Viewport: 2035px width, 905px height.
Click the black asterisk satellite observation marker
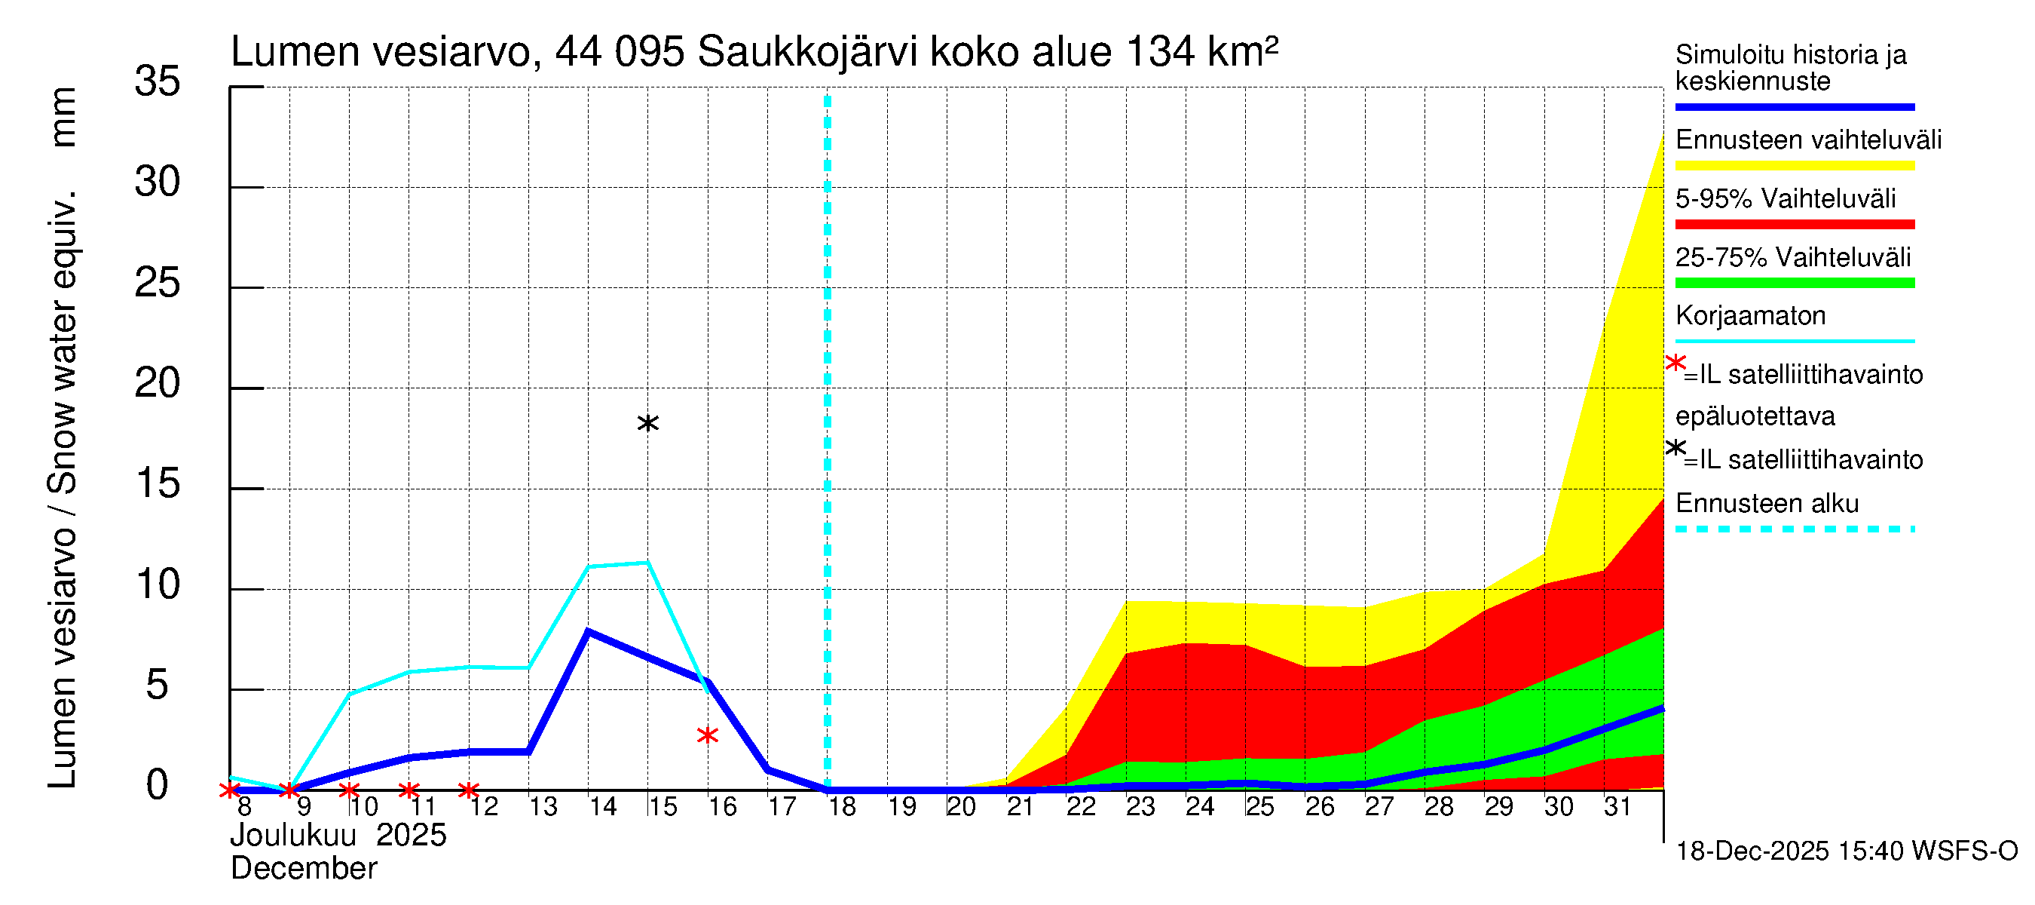pyautogui.click(x=647, y=424)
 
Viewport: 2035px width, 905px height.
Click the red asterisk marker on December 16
pyautogui.click(x=708, y=735)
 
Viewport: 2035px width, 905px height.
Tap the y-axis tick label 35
pyautogui.click(x=158, y=81)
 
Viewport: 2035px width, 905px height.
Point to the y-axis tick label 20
pyautogui.click(x=158, y=383)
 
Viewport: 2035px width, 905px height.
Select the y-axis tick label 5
pyautogui.click(x=158, y=685)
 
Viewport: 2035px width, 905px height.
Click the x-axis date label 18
pyautogui.click(x=842, y=806)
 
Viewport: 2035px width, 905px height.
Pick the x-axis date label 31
pyautogui.click(x=1618, y=806)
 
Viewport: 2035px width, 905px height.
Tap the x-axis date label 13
pyautogui.click(x=543, y=806)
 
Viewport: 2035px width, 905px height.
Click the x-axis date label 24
pyautogui.click(x=1200, y=806)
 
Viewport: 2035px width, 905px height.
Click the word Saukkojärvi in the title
pyautogui.click(x=807, y=52)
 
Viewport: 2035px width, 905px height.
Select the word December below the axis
pyautogui.click(x=303, y=868)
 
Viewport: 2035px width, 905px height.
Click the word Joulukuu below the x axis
pyautogui.click(x=293, y=835)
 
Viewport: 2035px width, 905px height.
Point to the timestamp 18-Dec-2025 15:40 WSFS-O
pyautogui.click(x=1846, y=851)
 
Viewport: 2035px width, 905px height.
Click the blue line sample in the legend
pyautogui.click(x=1795, y=106)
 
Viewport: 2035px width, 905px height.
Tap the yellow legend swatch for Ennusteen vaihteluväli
pyautogui.click(x=1795, y=165)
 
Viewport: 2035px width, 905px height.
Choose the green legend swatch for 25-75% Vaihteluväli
pyautogui.click(x=1795, y=283)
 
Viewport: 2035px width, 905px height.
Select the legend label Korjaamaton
pyautogui.click(x=1751, y=315)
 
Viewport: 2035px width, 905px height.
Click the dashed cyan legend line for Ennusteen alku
pyautogui.click(x=1795, y=529)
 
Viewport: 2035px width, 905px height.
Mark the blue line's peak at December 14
pyautogui.click(x=588, y=630)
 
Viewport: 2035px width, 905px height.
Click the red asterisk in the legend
pyautogui.click(x=1675, y=363)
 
